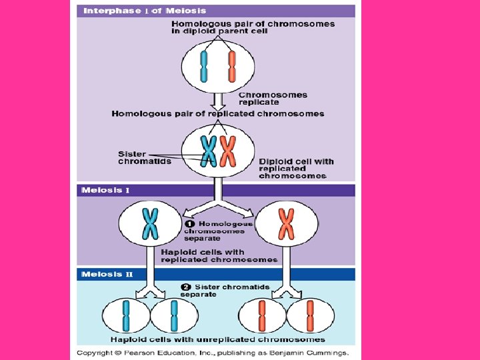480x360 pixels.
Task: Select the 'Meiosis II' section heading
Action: (107, 274)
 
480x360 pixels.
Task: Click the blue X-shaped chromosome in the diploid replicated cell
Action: (209, 151)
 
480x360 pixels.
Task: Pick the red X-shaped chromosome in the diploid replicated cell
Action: (228, 151)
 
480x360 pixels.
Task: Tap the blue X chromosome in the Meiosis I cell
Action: (151, 223)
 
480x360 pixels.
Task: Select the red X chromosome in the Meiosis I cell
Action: (286, 223)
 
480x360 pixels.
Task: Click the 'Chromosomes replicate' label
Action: (273, 99)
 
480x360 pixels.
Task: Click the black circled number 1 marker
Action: (190, 224)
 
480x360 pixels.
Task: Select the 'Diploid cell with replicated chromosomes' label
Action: (296, 169)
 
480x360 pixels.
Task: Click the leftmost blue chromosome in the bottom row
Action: (126, 316)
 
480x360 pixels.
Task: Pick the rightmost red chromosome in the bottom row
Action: (310, 316)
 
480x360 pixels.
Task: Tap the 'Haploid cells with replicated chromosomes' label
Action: (219, 256)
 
